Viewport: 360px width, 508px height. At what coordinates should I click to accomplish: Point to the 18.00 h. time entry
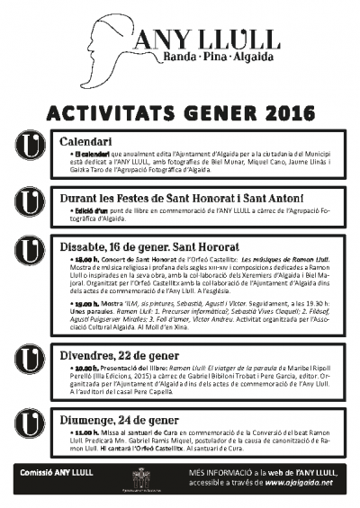click(x=87, y=259)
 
